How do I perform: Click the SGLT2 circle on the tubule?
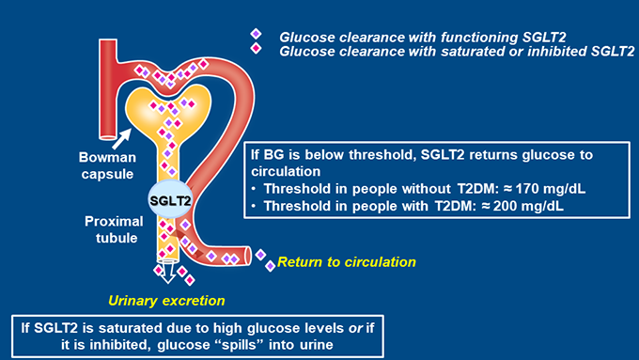click(x=170, y=200)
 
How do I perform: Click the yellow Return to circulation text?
click(x=346, y=261)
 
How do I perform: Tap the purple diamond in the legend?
click(x=255, y=35)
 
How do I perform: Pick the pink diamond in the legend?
click(x=255, y=49)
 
